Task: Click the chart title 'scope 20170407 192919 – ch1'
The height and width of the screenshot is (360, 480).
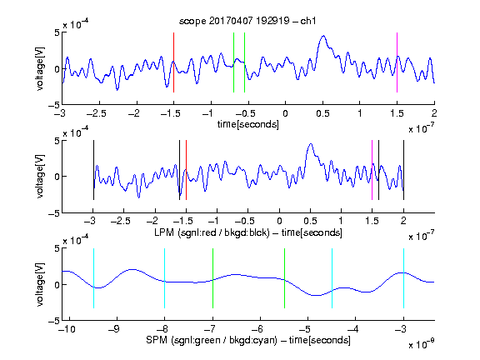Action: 247,21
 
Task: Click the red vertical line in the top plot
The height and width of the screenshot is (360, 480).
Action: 173,62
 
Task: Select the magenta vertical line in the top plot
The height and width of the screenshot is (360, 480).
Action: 397,62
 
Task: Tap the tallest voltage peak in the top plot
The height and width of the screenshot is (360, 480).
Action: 323,36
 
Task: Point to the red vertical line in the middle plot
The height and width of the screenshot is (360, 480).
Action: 186,170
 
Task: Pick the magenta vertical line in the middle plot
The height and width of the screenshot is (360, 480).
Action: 372,170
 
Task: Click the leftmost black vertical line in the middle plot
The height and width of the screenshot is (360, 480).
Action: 93,170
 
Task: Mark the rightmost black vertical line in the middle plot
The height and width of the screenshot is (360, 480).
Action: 403,170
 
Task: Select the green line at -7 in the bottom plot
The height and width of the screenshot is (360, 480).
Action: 212,278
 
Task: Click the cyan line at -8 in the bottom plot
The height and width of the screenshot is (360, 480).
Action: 165,278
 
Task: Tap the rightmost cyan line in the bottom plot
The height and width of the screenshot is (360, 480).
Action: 403,278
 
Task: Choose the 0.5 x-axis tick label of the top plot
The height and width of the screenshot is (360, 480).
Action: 322,113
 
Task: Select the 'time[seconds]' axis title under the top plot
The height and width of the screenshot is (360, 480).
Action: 248,124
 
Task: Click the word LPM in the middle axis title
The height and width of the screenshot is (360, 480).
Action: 164,232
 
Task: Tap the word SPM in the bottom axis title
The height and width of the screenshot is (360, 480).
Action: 157,340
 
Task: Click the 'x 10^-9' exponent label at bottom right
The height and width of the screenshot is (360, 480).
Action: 422,343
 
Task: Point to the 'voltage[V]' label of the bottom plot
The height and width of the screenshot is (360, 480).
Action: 40,285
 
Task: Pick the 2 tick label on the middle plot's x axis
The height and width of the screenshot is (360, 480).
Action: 403,221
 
